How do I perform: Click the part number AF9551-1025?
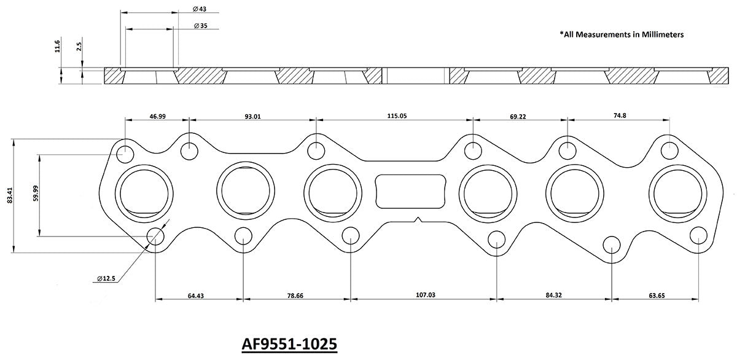(x=287, y=343)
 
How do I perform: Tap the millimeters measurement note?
(x=622, y=35)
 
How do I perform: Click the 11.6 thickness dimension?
(x=57, y=45)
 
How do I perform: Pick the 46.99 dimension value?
(x=158, y=115)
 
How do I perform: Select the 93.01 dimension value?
(x=252, y=115)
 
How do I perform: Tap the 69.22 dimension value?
(x=518, y=115)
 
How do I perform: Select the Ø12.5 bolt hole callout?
(x=106, y=278)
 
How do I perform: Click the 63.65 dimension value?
(x=656, y=295)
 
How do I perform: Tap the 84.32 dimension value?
(x=553, y=295)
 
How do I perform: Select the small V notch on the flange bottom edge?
(x=418, y=219)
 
